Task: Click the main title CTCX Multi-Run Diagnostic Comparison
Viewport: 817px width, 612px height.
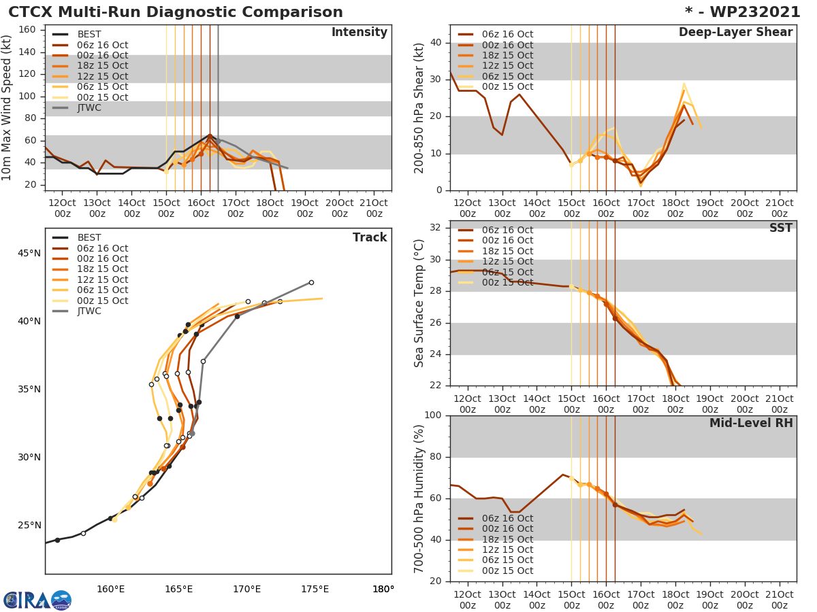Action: pyautogui.click(x=176, y=12)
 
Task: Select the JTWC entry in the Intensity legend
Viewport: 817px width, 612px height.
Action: pyautogui.click(x=89, y=107)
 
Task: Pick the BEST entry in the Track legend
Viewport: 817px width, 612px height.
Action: pyautogui.click(x=89, y=237)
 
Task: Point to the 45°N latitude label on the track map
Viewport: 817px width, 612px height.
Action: pyautogui.click(x=28, y=254)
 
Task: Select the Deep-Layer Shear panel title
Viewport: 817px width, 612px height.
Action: pyautogui.click(x=735, y=33)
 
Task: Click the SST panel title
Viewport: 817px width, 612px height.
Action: pyautogui.click(x=780, y=228)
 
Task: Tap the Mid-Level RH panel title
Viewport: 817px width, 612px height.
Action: pyautogui.click(x=751, y=423)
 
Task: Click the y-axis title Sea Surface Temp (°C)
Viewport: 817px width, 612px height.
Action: pyautogui.click(x=419, y=303)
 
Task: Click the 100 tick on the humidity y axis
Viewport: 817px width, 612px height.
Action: pyautogui.click(x=433, y=415)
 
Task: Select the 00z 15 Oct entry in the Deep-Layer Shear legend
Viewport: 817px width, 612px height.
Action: pyautogui.click(x=507, y=87)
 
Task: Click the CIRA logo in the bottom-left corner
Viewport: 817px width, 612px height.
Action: pyautogui.click(x=37, y=600)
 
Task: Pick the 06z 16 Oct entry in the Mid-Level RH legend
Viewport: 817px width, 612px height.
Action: pyautogui.click(x=507, y=518)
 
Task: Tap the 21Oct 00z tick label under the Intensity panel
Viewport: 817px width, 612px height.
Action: pyautogui.click(x=374, y=208)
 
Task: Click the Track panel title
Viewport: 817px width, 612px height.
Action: pyautogui.click(x=369, y=237)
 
